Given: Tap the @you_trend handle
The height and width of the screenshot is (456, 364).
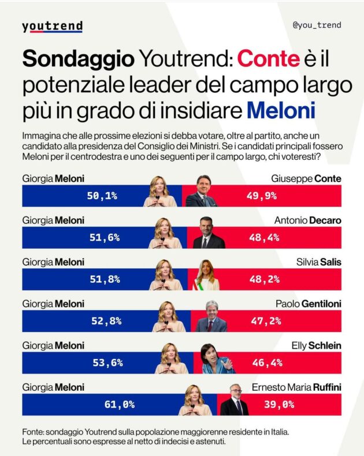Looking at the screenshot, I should (x=317, y=25).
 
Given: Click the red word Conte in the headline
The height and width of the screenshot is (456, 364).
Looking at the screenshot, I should (x=269, y=59).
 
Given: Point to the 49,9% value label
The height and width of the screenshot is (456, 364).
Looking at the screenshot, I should (x=261, y=196).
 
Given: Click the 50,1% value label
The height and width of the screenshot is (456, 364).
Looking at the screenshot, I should (x=102, y=196).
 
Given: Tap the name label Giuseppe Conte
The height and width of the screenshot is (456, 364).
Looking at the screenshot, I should (x=306, y=179).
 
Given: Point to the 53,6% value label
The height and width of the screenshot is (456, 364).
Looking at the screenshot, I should (x=107, y=363).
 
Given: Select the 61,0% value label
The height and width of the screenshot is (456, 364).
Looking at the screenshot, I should (x=120, y=405).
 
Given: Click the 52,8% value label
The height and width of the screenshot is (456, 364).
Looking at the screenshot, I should (x=105, y=322).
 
